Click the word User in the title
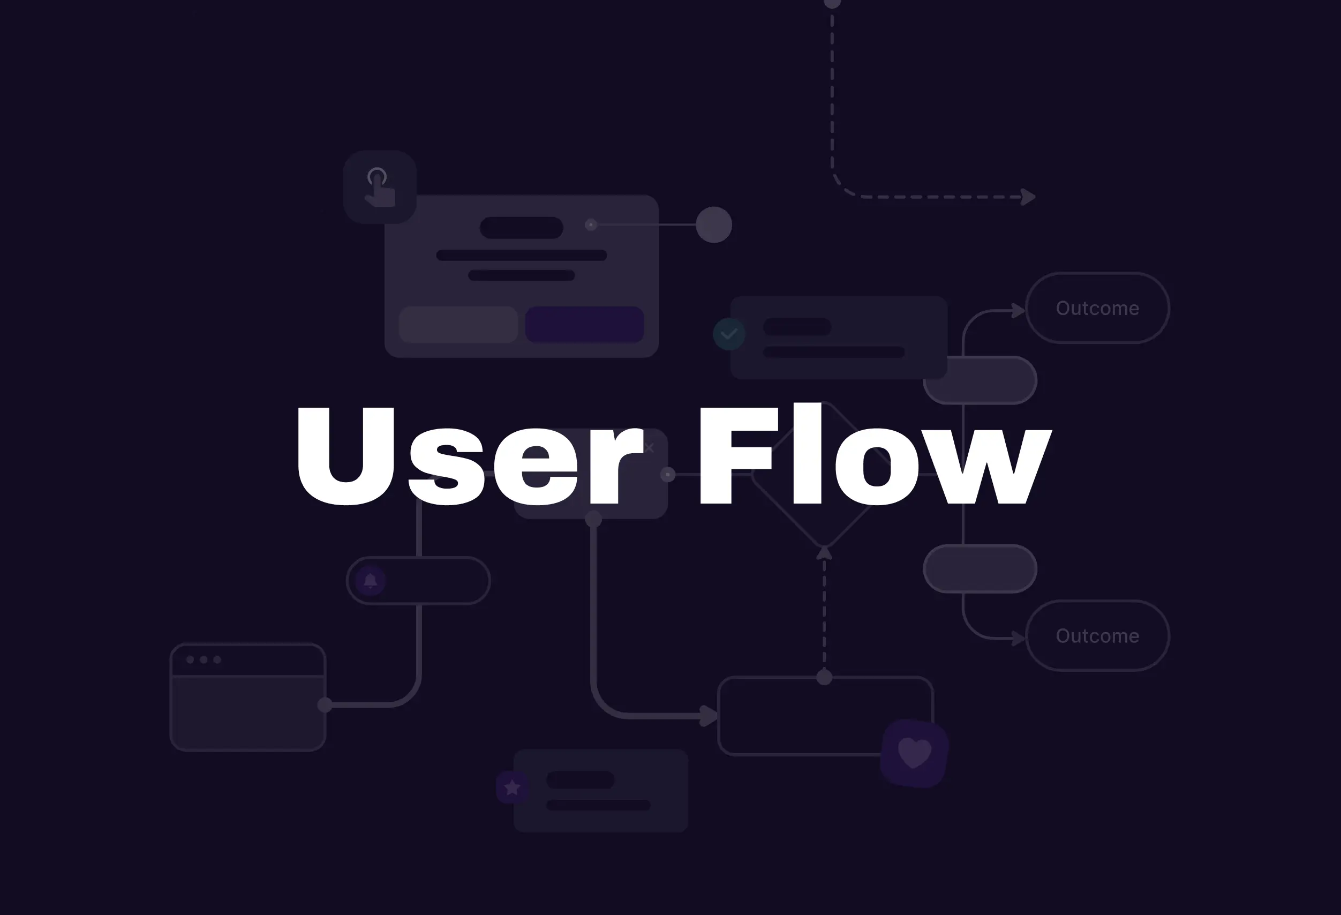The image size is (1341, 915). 468,456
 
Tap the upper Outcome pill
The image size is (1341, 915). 1097,308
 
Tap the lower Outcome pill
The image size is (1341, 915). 1097,635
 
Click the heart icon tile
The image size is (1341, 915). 915,753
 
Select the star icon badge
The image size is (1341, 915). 512,787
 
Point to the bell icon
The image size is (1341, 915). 371,581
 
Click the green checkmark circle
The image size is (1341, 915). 729,334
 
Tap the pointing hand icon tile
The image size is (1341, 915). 380,187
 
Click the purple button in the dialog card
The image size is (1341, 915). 584,325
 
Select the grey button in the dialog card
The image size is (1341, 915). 458,325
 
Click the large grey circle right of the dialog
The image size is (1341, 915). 714,224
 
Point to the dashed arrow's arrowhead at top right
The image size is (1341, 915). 1028,197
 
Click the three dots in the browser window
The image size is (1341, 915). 203,660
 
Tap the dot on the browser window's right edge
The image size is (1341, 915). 325,705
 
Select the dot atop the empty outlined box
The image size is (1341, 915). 824,677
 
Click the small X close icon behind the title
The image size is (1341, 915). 649,447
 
